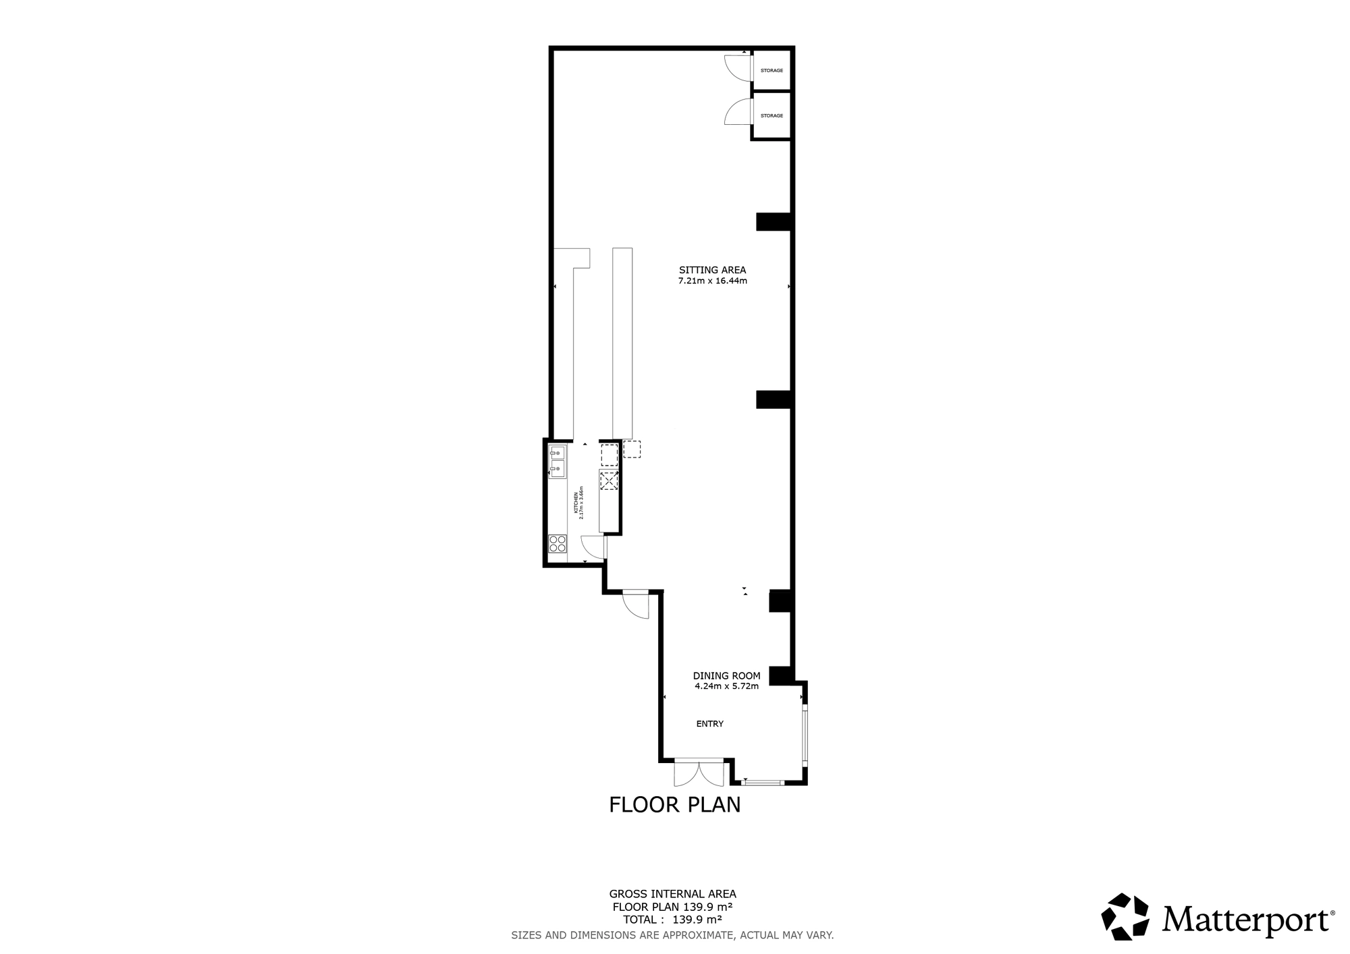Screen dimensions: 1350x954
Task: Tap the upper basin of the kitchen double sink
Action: click(558, 453)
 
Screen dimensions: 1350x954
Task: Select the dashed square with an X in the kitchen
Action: click(609, 480)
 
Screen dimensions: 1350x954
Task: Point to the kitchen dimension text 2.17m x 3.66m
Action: click(581, 503)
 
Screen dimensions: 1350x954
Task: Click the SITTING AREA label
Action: click(713, 271)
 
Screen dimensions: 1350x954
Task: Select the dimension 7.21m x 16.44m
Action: click(713, 281)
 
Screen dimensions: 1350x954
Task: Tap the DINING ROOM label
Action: click(727, 676)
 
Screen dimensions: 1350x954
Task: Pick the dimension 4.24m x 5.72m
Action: click(727, 687)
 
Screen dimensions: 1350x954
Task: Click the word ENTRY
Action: click(710, 724)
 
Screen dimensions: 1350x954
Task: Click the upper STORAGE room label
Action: click(772, 71)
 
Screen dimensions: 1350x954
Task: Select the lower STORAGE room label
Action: click(772, 116)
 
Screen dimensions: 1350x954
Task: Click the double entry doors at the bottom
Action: click(699, 773)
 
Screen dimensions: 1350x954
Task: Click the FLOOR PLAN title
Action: click(675, 805)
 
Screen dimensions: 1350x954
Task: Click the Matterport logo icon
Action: click(1125, 916)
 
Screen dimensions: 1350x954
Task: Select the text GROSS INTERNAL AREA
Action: click(672, 895)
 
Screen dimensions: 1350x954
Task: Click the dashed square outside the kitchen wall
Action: click(632, 449)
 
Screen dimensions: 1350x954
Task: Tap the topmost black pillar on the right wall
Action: click(774, 222)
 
